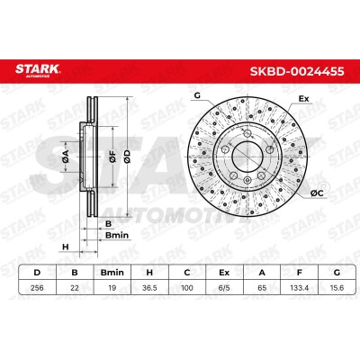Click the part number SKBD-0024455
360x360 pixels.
pos(297,71)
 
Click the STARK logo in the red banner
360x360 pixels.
pos(38,70)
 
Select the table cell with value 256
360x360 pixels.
pos(37,288)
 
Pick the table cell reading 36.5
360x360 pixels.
pos(149,288)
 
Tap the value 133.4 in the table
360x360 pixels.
pos(299,288)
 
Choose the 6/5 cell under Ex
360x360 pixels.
pos(224,288)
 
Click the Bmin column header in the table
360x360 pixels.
pos(112,273)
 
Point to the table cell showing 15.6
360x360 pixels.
pos(337,288)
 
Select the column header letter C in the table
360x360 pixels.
pos(187,273)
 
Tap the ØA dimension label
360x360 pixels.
pos(66,157)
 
